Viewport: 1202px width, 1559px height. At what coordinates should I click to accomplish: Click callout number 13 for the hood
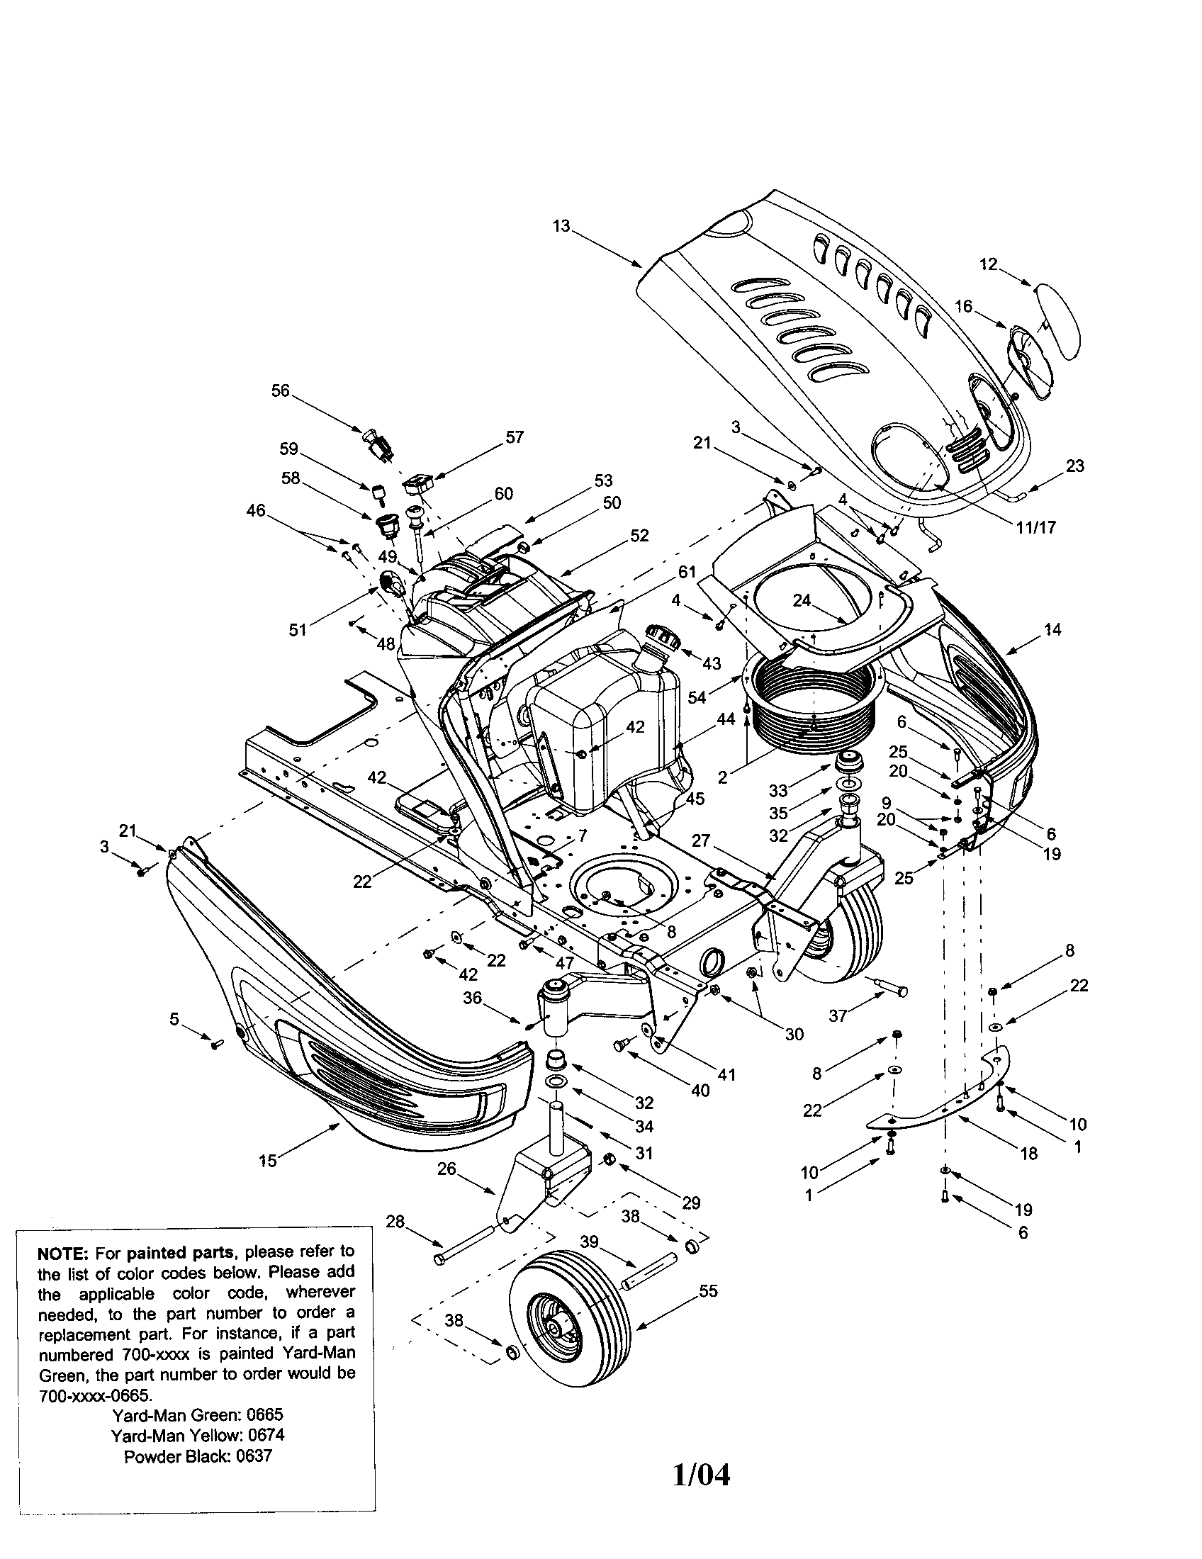coord(561,226)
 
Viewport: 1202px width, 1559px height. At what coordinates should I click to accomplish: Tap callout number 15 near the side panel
coord(268,1161)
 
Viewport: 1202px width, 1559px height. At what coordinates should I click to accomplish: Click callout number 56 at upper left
coord(281,390)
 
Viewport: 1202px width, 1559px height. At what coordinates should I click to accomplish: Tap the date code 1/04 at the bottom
coord(702,1475)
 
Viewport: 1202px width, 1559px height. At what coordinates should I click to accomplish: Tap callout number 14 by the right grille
coord(1052,629)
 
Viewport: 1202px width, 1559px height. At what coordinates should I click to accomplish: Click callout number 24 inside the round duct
coord(802,600)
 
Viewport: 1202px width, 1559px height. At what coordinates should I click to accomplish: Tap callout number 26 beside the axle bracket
coord(446,1169)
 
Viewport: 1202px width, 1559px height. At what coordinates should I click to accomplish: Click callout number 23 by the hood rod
coord(1075,466)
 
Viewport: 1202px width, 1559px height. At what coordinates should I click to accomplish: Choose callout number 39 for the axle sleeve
coord(589,1242)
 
